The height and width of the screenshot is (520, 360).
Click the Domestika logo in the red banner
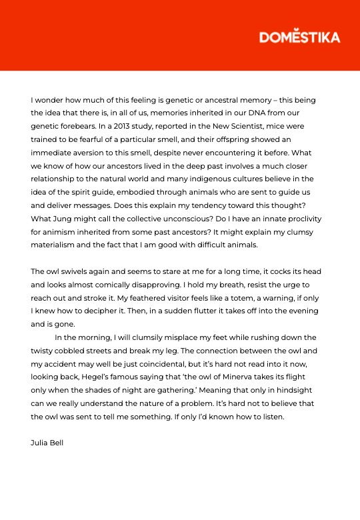click(299, 37)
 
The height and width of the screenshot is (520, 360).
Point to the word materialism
click(59, 245)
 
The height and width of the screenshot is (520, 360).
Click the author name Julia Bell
click(47, 443)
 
